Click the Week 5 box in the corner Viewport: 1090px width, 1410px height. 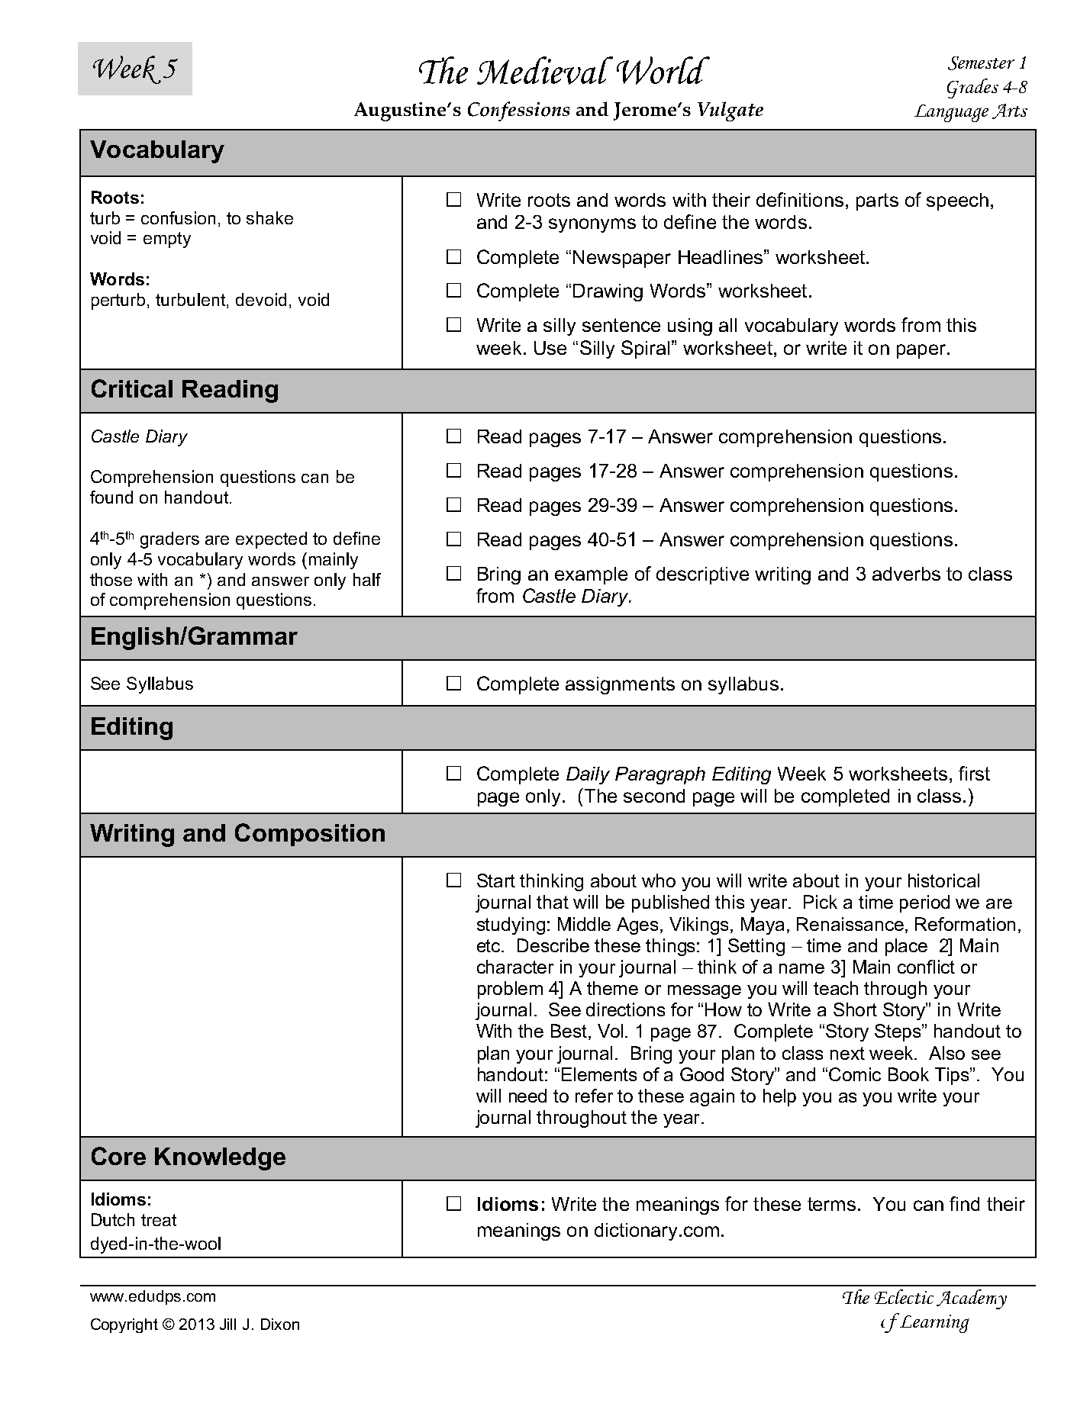click(134, 69)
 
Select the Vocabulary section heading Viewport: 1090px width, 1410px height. click(156, 150)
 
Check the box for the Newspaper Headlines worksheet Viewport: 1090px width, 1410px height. click(454, 257)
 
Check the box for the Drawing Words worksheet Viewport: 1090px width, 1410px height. click(454, 291)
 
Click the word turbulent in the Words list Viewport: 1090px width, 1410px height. click(192, 301)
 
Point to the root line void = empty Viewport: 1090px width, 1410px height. click(140, 239)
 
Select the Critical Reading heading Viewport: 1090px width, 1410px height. click(184, 390)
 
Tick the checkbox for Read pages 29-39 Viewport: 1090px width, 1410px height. click(454, 505)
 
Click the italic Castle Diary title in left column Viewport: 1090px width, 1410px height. click(138, 437)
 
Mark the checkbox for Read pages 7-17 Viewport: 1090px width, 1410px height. click(454, 436)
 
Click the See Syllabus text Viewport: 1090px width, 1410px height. click(141, 684)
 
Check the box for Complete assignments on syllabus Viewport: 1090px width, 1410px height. click(454, 684)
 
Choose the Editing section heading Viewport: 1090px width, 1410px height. click(131, 727)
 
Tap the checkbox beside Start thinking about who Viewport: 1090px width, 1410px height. click(454, 881)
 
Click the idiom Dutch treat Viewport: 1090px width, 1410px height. click(133, 1221)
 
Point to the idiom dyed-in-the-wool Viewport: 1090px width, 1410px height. click(155, 1244)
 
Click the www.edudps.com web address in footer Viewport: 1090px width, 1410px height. click(153, 1296)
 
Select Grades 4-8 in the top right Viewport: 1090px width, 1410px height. click(986, 87)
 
